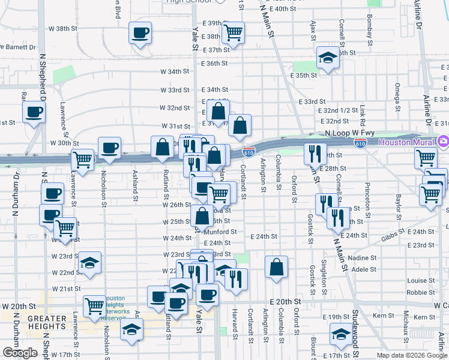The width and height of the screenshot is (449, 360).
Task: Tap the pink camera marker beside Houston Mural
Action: [x=444, y=142]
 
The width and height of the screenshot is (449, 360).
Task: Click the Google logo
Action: [x=20, y=353]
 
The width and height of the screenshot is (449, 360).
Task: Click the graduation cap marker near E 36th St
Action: [x=328, y=58]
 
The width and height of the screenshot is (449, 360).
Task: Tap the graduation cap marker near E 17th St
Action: [x=342, y=334]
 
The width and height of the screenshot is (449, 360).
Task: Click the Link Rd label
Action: [x=364, y=112]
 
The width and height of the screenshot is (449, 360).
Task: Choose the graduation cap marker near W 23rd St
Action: [x=89, y=263]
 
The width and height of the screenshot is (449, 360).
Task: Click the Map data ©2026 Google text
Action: [x=411, y=355]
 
